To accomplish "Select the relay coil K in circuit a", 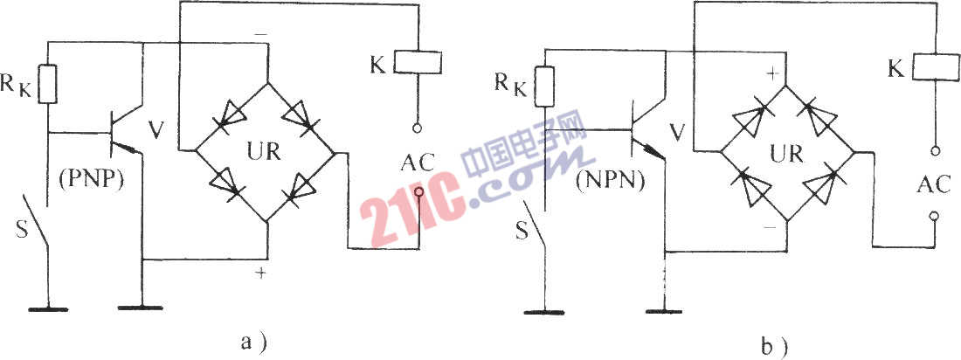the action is point(417,62).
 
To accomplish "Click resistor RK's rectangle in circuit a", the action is point(47,83).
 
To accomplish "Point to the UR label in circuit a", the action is point(264,150).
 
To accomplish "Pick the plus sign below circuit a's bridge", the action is point(262,274).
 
